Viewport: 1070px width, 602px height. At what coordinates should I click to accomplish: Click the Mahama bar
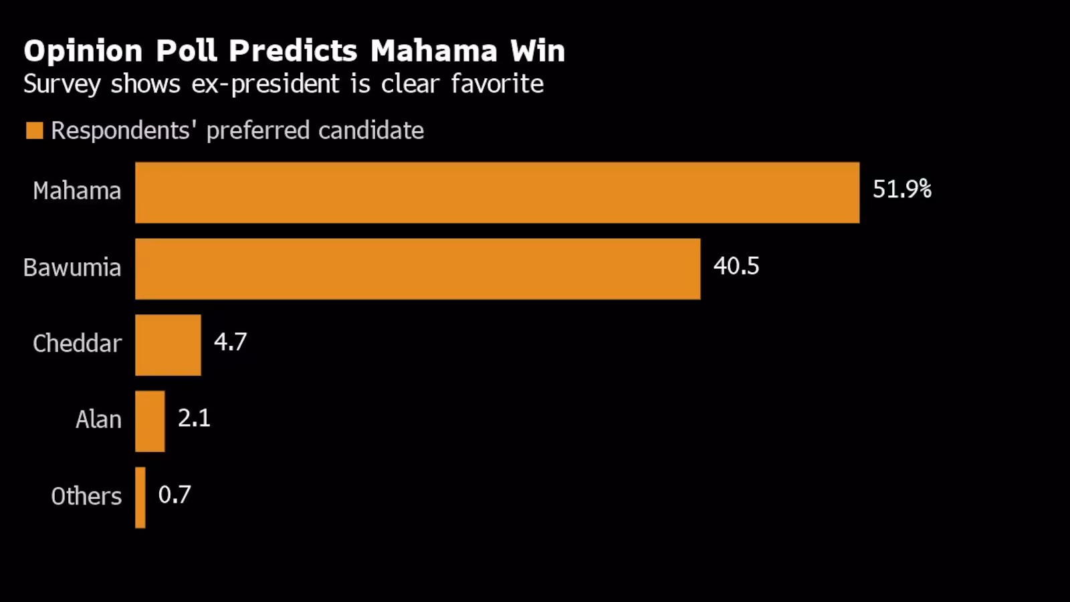(498, 193)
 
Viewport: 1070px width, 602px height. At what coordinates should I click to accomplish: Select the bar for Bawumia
(418, 269)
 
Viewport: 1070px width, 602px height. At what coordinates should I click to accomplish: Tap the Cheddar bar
(168, 345)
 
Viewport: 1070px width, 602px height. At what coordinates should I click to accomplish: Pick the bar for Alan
(150, 421)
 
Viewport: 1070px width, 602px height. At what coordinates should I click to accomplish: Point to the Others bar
(140, 498)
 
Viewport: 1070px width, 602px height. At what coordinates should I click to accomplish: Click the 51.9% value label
(902, 189)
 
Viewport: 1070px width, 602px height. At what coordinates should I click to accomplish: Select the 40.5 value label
(736, 266)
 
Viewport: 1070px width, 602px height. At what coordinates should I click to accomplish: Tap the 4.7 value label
(230, 342)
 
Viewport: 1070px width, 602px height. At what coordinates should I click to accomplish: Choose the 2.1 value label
(194, 418)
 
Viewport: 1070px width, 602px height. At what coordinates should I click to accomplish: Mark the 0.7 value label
(175, 494)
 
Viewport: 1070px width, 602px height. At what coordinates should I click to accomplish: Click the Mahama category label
(77, 191)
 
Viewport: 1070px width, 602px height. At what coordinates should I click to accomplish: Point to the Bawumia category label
(72, 267)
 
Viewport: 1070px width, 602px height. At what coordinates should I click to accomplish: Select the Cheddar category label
(78, 344)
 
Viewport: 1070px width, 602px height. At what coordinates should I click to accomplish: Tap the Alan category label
(98, 419)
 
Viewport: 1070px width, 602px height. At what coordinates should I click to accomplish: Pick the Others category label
(86, 496)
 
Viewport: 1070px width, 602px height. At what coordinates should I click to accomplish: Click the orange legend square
(34, 130)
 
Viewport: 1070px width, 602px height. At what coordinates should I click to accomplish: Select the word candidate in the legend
(371, 130)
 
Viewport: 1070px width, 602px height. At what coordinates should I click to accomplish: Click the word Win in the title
(538, 51)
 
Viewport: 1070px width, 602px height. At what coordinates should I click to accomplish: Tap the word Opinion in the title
(83, 52)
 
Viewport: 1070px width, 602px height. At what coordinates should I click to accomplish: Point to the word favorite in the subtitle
(498, 84)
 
